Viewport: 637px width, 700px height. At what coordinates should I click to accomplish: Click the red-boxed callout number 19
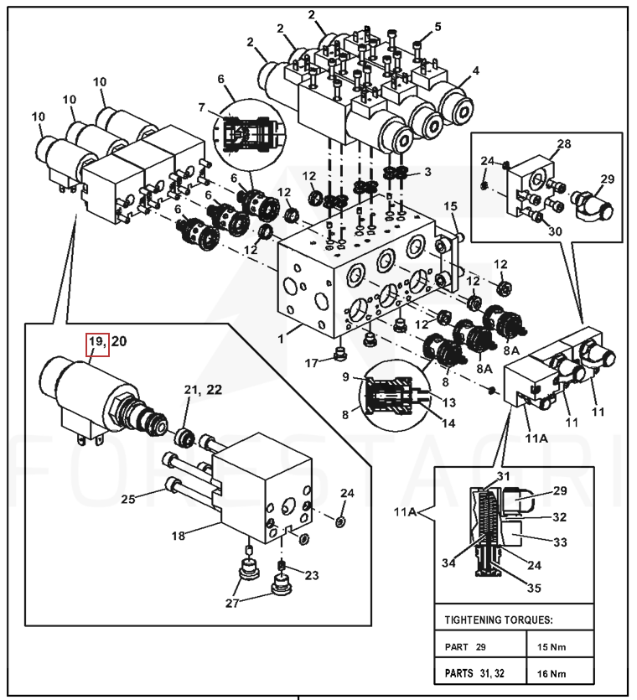coord(96,341)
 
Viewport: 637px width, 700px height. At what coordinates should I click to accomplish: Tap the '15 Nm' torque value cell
coord(552,647)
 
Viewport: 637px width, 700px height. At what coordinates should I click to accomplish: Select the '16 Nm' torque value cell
coord(552,673)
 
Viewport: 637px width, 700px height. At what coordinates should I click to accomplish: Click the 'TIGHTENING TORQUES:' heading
coord(499,620)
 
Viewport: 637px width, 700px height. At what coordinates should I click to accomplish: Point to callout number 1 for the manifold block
coord(281,339)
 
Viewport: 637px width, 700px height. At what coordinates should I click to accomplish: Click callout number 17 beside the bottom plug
coord(312,363)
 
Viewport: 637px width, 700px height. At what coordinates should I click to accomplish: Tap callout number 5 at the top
coord(438,27)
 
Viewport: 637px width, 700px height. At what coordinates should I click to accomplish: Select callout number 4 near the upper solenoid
coord(476,70)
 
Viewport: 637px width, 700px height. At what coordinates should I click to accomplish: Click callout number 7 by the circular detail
coord(201,107)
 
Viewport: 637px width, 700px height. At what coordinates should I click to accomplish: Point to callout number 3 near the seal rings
coord(427,172)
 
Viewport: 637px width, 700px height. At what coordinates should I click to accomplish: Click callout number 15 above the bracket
coord(451,205)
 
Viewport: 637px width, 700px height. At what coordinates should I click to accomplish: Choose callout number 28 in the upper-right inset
coord(564,143)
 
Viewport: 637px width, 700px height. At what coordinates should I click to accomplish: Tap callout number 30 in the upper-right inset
coord(555,231)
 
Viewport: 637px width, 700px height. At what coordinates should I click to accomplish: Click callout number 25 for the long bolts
coord(128,499)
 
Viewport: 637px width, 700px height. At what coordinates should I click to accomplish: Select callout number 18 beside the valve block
coord(179,535)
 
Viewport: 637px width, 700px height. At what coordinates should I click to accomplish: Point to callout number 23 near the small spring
coord(312,575)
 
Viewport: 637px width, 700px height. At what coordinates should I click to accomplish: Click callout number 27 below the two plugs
coord(232,603)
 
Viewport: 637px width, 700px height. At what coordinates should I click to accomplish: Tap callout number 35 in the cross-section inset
coord(534,588)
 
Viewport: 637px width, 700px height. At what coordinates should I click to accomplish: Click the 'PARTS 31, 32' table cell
coord(474,673)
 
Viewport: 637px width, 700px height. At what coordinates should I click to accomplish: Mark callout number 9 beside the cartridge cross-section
coord(345,376)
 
